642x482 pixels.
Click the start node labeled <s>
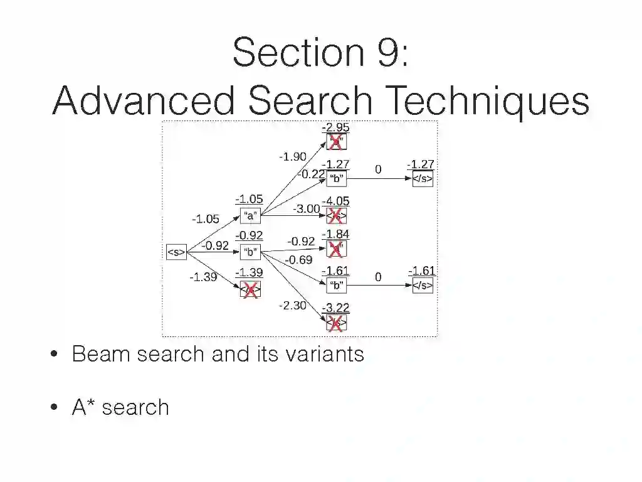click(176, 252)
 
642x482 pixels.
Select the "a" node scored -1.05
click(250, 216)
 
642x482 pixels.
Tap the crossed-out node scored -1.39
click(250, 289)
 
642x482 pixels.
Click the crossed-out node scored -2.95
click(336, 142)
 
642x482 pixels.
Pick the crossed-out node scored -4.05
click(336, 216)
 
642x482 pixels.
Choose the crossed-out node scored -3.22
click(336, 323)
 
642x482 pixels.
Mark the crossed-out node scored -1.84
click(336, 249)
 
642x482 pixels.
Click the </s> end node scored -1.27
click(422, 179)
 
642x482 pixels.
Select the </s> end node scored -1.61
click(422, 286)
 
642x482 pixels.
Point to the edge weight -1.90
click(292, 157)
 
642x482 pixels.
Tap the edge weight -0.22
click(311, 174)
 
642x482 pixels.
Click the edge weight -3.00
click(306, 208)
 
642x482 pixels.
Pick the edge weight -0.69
click(298, 259)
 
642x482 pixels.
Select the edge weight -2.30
click(292, 306)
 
